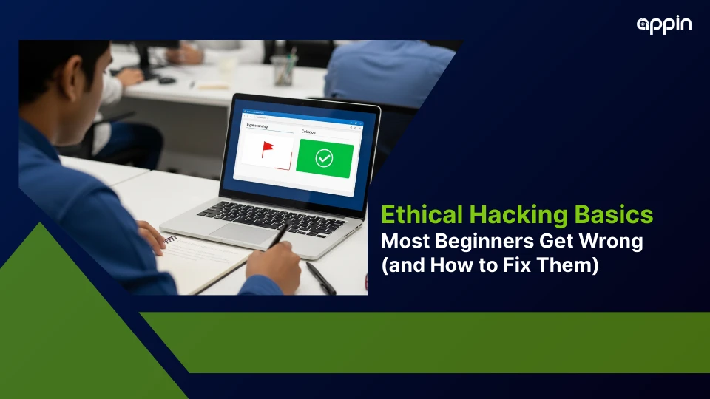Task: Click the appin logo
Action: [x=664, y=24]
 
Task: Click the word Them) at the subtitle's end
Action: [x=570, y=265]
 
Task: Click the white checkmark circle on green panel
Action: [x=324, y=157]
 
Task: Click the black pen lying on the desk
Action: [x=320, y=278]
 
